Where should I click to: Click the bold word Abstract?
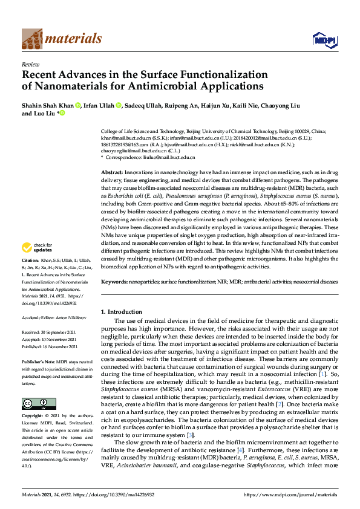pyautogui.click(x=114, y=173)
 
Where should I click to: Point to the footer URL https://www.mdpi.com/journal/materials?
pyautogui.click(x=290, y=494)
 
